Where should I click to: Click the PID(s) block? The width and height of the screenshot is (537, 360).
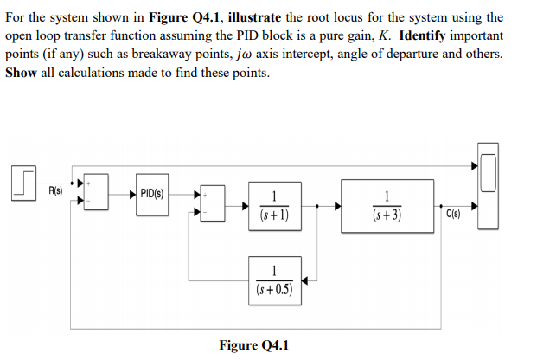click(151, 193)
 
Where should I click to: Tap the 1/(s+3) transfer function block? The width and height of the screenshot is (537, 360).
click(387, 206)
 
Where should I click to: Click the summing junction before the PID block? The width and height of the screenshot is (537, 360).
click(97, 193)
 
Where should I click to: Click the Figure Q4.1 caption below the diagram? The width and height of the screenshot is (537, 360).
click(254, 345)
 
